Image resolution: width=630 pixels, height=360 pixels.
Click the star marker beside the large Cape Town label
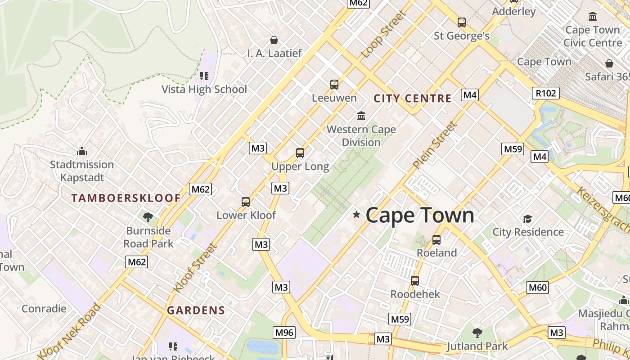point(356,215)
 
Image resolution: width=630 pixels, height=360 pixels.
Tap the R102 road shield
point(546,93)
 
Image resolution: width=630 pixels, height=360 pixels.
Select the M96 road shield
point(284,333)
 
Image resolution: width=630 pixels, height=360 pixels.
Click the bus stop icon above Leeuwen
point(334,85)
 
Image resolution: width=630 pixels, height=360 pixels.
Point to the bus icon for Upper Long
point(300,153)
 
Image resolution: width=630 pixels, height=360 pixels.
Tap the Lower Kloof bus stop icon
point(246,202)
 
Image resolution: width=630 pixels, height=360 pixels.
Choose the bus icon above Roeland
point(436,240)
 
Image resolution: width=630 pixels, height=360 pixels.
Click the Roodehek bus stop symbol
point(415,281)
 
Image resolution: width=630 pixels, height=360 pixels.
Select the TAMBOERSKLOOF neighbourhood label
point(126,198)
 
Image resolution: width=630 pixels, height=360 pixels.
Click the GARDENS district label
point(196,310)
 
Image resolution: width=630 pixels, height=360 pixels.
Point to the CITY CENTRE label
point(413,99)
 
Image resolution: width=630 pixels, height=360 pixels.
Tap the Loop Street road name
point(383,34)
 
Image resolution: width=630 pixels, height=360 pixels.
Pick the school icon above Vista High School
point(204,76)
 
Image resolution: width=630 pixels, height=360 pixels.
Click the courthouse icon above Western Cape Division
point(361,116)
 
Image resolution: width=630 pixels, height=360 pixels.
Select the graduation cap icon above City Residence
point(527,219)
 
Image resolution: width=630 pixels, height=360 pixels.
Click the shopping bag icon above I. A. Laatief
point(274,40)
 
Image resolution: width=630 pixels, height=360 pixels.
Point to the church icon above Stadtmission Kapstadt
point(81,151)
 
